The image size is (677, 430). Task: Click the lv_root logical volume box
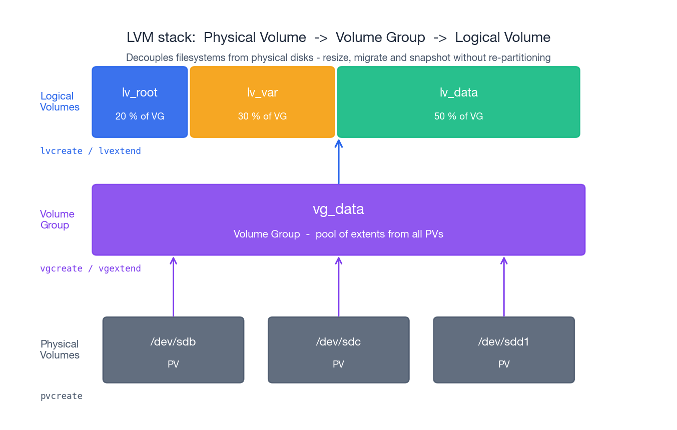[140, 102]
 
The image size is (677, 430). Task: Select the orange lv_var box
[262, 102]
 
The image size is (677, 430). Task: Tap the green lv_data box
[458, 102]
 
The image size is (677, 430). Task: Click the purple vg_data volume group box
[338, 220]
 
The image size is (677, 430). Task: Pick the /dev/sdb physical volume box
[173, 350]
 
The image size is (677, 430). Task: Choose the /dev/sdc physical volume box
[338, 350]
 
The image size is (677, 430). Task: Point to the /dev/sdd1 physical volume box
[503, 350]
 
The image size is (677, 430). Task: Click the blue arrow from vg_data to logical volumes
[338, 162]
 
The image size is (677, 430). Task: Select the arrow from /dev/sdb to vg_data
[173, 287]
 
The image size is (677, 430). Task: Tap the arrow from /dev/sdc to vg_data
[338, 287]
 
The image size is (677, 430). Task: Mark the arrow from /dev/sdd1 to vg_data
[503, 287]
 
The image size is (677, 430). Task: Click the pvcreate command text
[61, 396]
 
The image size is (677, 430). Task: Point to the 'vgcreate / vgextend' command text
[90, 268]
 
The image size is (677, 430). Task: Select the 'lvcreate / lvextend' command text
[90, 151]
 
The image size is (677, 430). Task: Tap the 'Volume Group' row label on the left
[57, 219]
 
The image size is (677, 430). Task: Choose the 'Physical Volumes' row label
[60, 349]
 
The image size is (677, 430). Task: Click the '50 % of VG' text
[458, 116]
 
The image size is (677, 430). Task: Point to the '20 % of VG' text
[140, 116]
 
